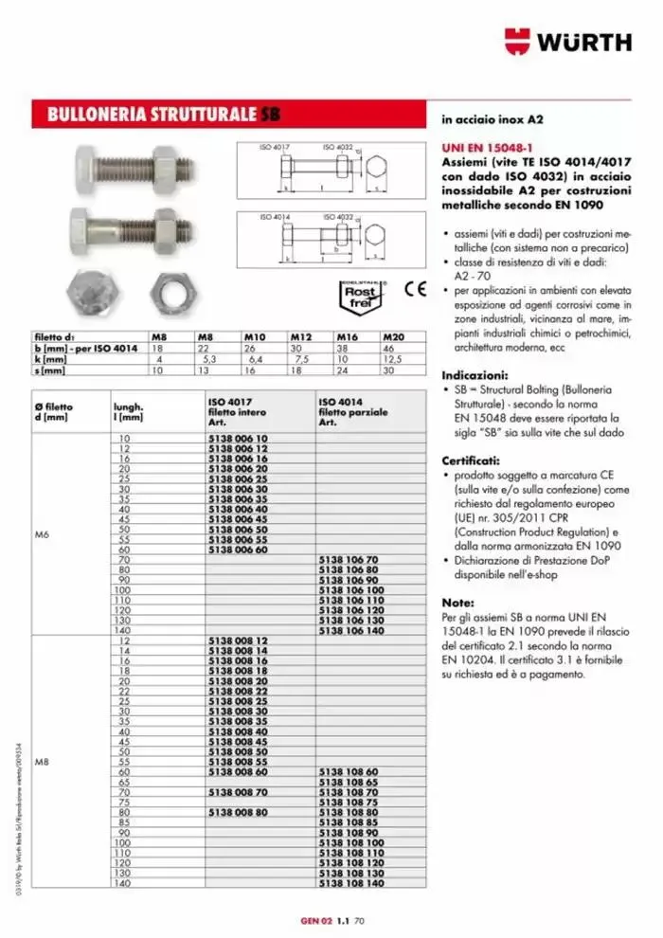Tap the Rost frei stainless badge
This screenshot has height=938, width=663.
point(362,298)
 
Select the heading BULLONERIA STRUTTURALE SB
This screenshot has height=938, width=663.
point(156,116)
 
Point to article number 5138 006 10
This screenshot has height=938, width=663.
point(237,439)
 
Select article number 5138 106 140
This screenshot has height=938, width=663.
point(350,630)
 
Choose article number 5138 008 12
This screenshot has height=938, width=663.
point(237,640)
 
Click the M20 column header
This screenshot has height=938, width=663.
point(393,337)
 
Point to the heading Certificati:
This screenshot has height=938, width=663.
point(474,459)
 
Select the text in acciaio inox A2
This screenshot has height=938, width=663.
point(492,121)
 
